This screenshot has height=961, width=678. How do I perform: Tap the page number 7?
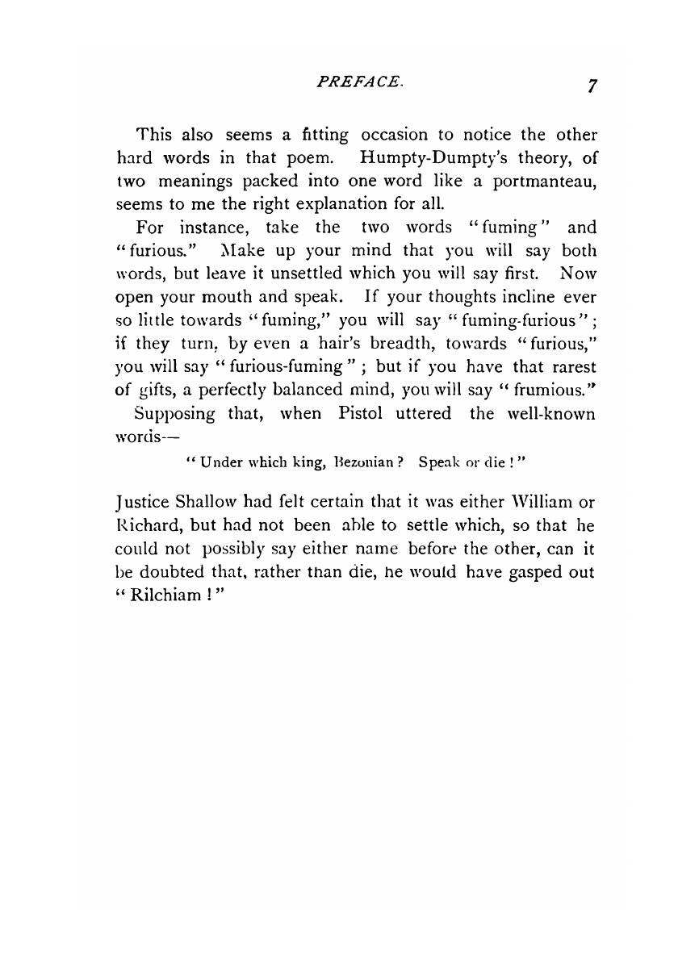(592, 86)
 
